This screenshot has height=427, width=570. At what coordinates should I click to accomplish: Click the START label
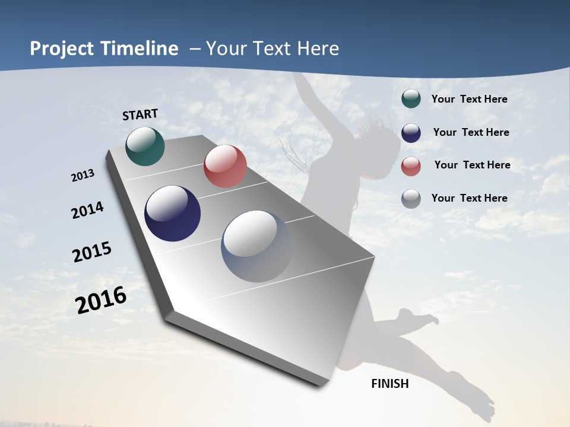(140, 114)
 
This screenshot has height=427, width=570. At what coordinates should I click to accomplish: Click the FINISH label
(389, 384)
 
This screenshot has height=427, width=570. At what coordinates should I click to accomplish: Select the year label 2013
(83, 176)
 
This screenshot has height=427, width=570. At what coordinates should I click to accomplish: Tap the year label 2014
(87, 211)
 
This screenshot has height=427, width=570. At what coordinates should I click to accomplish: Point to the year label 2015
(92, 252)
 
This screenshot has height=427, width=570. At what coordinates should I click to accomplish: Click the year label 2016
(101, 300)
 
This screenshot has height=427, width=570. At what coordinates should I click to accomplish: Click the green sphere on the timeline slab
(145, 146)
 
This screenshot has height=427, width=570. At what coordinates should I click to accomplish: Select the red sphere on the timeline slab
(225, 166)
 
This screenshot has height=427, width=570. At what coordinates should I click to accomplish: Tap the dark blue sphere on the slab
(172, 213)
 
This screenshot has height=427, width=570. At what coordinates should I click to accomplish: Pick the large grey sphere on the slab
(257, 246)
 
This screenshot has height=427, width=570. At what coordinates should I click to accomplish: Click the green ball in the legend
(411, 98)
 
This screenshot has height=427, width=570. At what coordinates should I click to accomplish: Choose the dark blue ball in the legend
(411, 133)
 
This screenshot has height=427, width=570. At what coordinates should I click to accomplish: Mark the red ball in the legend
(411, 166)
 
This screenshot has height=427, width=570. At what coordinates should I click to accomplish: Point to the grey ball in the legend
(411, 199)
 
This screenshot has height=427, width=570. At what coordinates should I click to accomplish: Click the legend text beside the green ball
(469, 99)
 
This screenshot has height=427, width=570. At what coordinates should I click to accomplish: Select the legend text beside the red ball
(472, 165)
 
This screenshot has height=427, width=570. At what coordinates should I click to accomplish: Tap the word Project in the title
(62, 49)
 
